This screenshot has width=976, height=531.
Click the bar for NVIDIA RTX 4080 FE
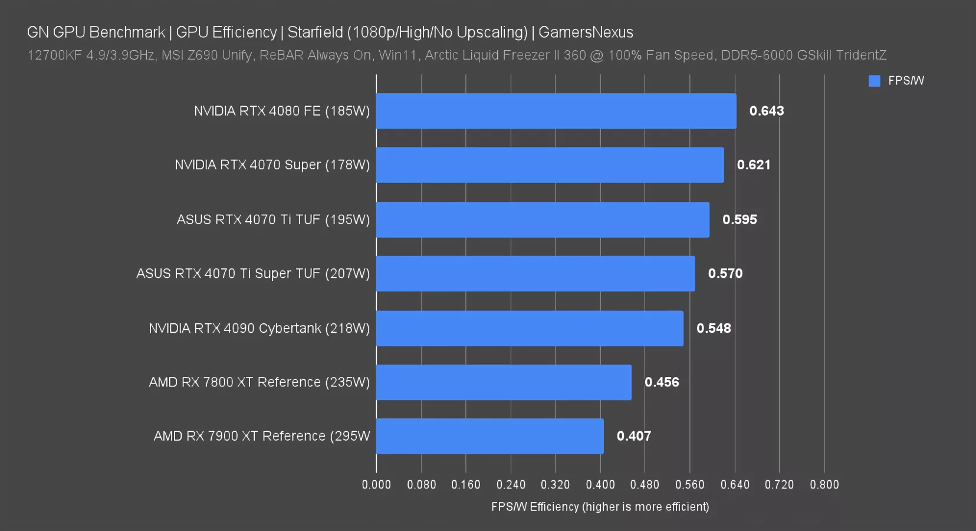click(x=556, y=111)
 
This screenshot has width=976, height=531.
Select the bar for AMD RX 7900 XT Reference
click(x=489, y=436)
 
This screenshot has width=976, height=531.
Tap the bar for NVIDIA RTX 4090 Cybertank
click(x=530, y=328)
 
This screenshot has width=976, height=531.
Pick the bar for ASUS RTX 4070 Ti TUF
click(x=543, y=219)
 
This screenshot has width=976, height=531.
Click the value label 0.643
click(x=766, y=111)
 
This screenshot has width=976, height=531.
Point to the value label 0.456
click(x=662, y=382)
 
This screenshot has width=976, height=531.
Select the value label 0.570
click(x=725, y=274)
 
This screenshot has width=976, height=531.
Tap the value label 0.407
click(x=633, y=436)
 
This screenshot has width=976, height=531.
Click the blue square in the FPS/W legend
click(x=874, y=81)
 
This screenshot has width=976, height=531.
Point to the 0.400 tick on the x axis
click(x=600, y=484)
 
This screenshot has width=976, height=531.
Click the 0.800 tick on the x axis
click(x=824, y=484)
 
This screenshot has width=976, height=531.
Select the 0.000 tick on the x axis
click(x=376, y=484)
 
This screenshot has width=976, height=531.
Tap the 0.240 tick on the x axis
click(x=511, y=484)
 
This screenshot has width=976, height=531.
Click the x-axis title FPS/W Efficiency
click(x=600, y=507)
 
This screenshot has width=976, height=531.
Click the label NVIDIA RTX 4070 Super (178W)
click(x=272, y=165)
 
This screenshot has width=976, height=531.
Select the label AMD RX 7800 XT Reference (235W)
click(x=259, y=382)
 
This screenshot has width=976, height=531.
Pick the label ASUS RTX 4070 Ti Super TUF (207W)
click(x=253, y=274)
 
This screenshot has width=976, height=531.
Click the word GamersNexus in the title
click(x=586, y=32)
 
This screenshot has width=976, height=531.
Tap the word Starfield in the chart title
click(x=315, y=32)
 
